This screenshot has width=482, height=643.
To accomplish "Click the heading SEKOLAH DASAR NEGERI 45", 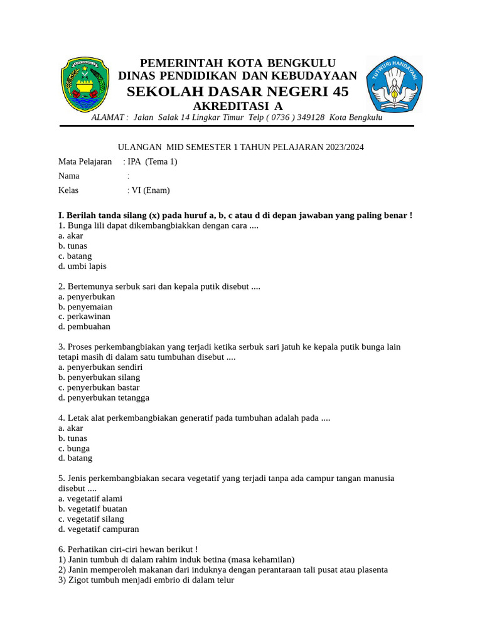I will coord(237,92).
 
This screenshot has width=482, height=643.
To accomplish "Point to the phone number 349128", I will coord(307,117).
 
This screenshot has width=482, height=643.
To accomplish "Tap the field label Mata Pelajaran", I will coord(85,161).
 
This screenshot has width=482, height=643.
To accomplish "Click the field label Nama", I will coord(69,176).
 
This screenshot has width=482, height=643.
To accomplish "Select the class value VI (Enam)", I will coord(151,190).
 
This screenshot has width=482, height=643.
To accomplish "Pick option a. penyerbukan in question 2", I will coord(87,296).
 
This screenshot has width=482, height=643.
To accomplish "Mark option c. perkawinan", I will coord(84,316).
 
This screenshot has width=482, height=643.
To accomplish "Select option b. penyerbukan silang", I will coord(99,377).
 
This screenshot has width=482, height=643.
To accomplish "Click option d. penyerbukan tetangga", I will coord(104,397).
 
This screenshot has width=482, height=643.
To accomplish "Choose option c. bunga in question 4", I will coord(74,448).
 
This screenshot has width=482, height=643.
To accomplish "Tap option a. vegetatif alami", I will coord(90,499).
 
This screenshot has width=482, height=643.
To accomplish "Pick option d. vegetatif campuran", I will coord(99,529).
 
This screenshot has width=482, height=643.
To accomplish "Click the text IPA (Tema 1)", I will coord(153,161).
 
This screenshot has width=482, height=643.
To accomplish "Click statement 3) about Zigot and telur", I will coord(146,580).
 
